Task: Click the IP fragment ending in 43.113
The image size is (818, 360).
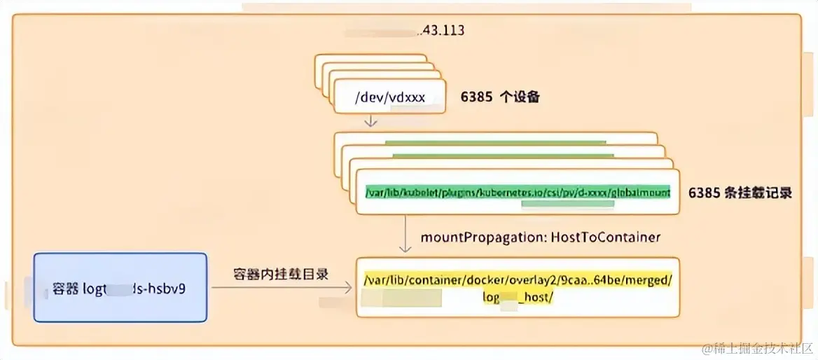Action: (x=441, y=31)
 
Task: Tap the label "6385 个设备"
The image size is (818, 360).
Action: (x=500, y=97)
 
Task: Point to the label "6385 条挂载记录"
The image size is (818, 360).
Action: (x=740, y=193)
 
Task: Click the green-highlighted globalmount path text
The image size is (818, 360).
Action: (x=517, y=192)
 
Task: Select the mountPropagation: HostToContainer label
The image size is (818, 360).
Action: (x=541, y=237)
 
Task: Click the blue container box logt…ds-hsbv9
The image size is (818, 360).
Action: (x=120, y=287)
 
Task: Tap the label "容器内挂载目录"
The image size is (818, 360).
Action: (x=281, y=274)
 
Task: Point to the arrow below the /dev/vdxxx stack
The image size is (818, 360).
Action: (x=371, y=120)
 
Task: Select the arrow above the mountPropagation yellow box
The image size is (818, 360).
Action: (x=405, y=234)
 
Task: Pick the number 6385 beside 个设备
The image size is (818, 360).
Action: (x=476, y=97)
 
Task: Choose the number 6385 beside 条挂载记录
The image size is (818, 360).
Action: (x=705, y=193)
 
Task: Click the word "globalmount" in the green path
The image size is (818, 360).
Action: (x=640, y=192)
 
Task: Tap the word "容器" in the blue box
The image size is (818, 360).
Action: (x=66, y=288)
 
